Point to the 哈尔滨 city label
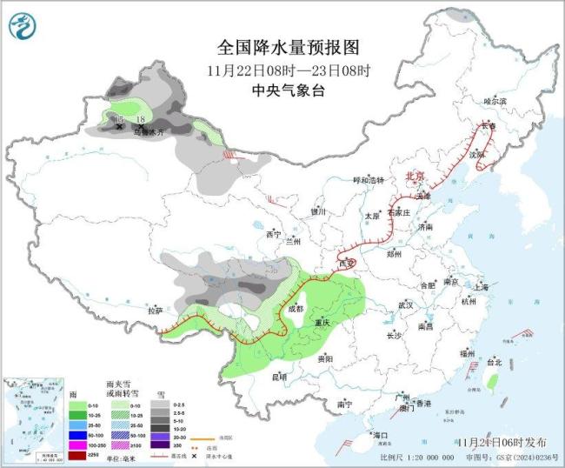pos(494,102)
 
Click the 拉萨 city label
pos(156,310)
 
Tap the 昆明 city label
pos(279,377)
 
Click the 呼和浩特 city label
pos(355,180)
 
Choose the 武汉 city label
pos(405,305)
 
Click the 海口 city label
pos(379,434)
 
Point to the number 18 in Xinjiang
pos(141,120)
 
